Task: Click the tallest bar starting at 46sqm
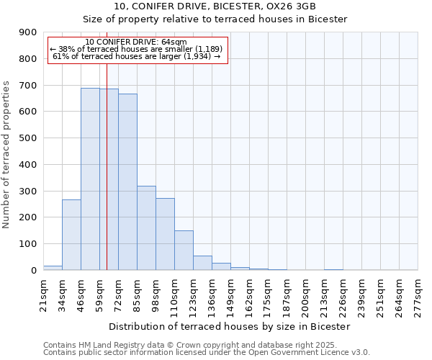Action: [x=90, y=179]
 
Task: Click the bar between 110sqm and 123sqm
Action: [x=184, y=251]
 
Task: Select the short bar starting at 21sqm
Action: [x=53, y=268]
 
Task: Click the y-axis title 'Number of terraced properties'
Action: [x=6, y=154]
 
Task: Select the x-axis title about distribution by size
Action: [x=230, y=326]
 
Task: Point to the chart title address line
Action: [x=215, y=6]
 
